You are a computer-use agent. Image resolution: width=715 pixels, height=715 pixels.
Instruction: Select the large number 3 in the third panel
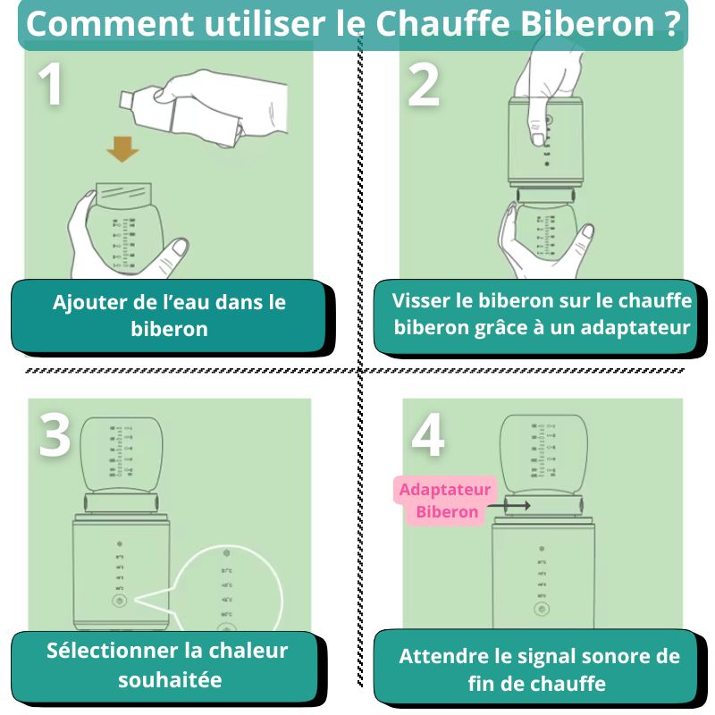click(55, 435)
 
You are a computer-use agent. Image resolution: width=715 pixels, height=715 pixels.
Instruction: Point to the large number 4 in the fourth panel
click(428, 435)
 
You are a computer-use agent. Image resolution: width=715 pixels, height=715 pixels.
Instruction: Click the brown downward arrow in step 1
click(122, 150)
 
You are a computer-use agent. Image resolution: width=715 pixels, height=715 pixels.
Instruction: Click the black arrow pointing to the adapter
click(511, 505)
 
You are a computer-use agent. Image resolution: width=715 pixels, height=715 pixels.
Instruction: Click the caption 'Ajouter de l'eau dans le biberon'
click(168, 315)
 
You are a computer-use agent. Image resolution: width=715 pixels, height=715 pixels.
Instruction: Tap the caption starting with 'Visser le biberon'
click(543, 315)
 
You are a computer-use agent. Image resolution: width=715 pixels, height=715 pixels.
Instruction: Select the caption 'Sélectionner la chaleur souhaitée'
click(168, 665)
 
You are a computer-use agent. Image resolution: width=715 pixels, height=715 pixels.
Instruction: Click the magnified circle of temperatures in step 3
click(229, 590)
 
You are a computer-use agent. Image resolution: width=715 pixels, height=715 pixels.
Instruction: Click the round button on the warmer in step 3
click(118, 601)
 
